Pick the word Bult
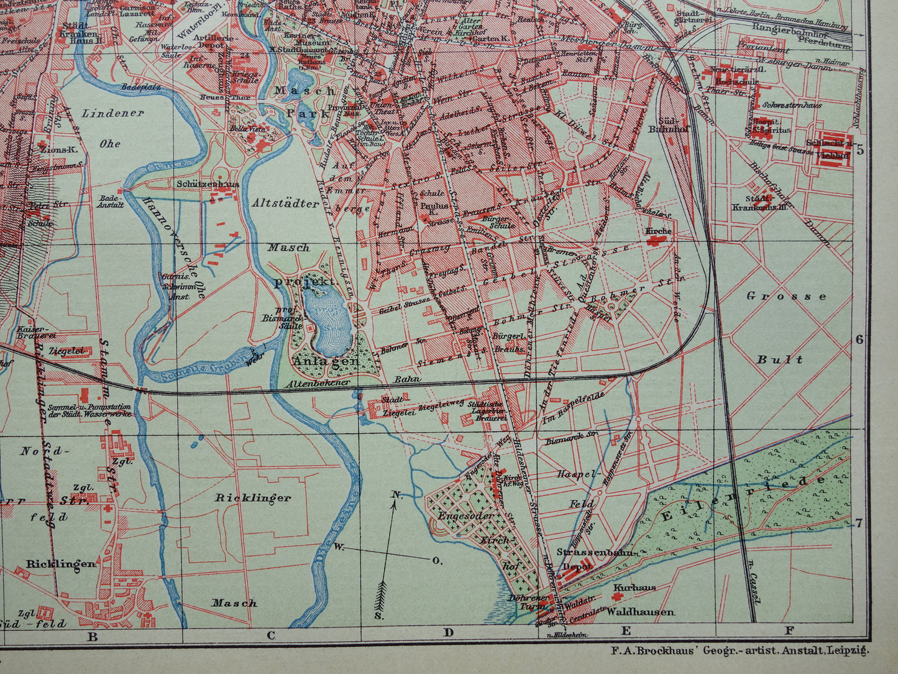(780, 359)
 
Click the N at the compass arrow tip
(395, 495)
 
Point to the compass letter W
(339, 547)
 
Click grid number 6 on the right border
(860, 339)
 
